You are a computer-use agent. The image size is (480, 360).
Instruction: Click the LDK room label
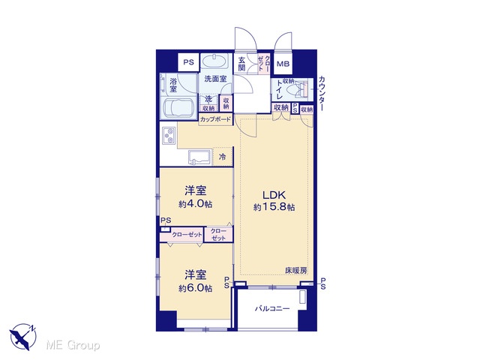point(274,195)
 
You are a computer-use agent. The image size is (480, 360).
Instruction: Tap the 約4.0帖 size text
point(196,204)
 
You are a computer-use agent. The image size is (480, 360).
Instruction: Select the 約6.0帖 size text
point(196,288)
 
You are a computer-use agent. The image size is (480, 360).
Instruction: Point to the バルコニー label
point(272,308)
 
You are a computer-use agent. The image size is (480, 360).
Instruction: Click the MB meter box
point(283,64)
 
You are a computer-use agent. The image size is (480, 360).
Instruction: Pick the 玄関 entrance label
point(241,64)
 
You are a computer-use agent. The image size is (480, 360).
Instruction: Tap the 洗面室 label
point(215,79)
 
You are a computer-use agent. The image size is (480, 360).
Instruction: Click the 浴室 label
point(173,85)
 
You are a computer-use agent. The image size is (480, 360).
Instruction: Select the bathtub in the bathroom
point(178,109)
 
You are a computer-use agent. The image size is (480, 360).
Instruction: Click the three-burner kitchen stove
point(169,135)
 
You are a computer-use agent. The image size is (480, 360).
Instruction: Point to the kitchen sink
point(199,157)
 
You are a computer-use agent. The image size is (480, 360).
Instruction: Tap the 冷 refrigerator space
point(223,157)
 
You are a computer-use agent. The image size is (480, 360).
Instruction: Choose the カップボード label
point(215,119)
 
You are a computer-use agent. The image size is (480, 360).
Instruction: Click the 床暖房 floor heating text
point(296,271)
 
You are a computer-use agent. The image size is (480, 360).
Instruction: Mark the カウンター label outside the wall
point(322,93)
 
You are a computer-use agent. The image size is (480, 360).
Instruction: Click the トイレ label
point(280,90)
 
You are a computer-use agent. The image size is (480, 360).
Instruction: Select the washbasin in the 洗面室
point(214,61)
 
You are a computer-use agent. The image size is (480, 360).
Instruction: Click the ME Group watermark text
point(73,345)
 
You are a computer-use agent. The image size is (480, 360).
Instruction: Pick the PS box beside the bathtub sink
point(188,62)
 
